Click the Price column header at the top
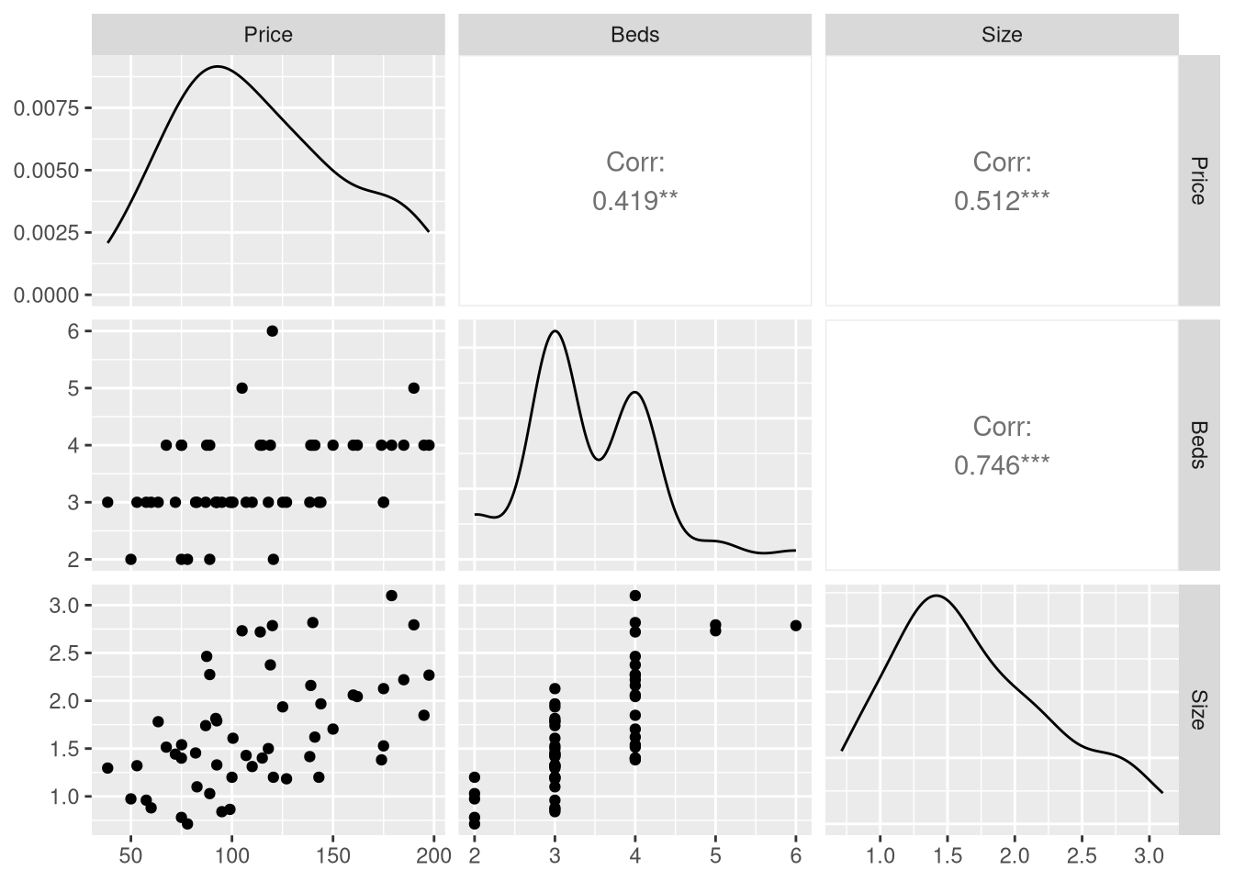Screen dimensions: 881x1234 point(268,35)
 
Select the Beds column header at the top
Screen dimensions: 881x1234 point(634,35)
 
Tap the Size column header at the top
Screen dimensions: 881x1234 point(1002,35)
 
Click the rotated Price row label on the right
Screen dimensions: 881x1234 point(1198,181)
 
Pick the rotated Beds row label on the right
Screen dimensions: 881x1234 point(1198,445)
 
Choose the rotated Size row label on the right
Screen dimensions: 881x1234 point(1198,709)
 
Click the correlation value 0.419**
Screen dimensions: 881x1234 point(634,201)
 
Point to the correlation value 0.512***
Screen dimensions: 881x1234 point(1002,201)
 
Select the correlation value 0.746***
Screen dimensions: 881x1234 point(1002,465)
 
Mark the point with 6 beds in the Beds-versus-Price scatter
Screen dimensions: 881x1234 point(272,330)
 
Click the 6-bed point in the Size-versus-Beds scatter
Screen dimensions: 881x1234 point(795,626)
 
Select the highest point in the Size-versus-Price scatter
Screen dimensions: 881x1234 point(391,596)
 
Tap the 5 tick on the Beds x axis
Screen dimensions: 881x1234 point(715,856)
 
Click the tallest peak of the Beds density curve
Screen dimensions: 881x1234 point(555,331)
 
